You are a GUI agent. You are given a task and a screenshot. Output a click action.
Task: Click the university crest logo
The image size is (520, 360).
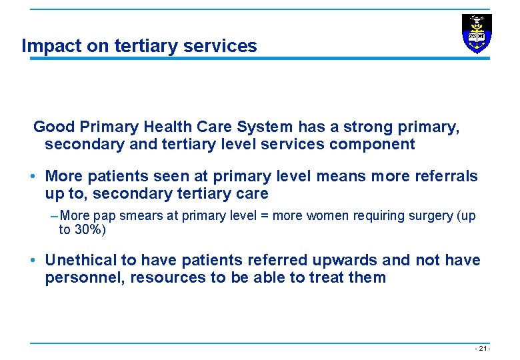pyautogui.click(x=477, y=33)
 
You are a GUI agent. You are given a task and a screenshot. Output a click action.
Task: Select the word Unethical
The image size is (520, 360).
pyautogui.click(x=82, y=260)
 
